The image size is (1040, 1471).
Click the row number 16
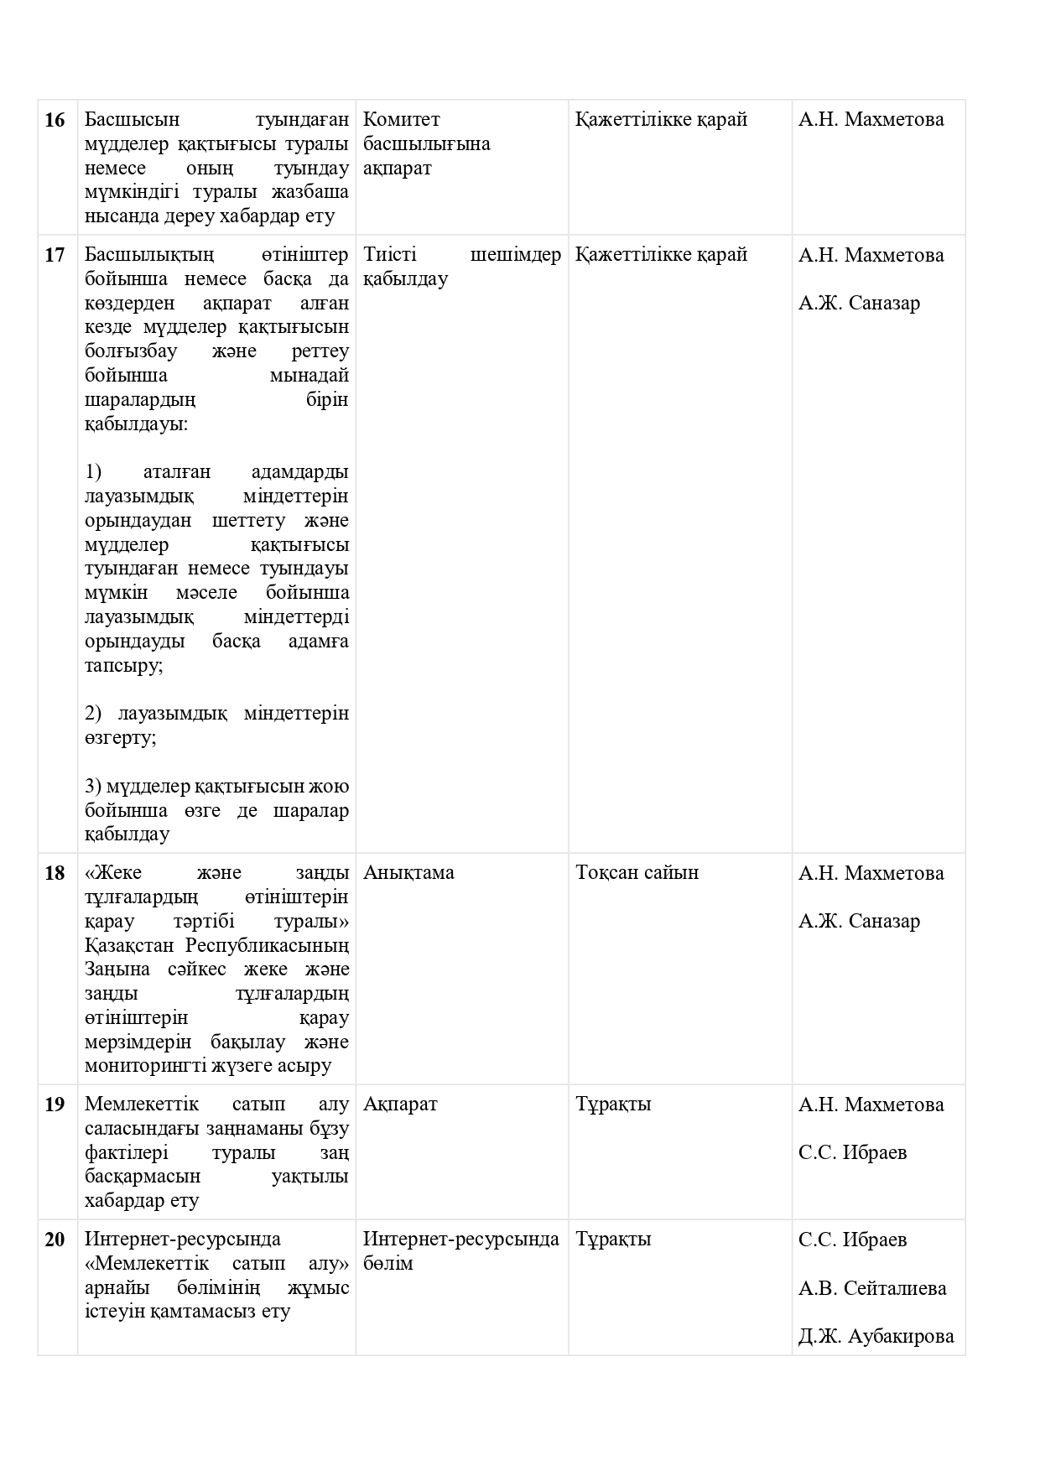pos(55,120)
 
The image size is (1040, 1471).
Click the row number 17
pos(55,255)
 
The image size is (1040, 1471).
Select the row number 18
pos(55,873)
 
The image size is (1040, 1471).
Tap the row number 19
pos(55,1105)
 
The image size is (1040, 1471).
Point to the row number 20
pos(55,1240)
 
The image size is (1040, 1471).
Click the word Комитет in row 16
pos(402,120)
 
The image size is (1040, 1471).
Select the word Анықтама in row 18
pos(408,873)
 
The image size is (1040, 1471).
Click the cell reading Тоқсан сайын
pos(637,873)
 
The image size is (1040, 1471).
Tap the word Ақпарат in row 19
pos(400,1105)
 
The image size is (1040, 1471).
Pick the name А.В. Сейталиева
pos(872,1288)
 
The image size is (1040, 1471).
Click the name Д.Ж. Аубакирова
pos(876,1337)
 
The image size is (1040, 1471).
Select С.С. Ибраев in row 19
pos(852,1153)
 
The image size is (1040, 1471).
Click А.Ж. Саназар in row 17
pos(859,304)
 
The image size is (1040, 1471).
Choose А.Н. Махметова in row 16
pos(871,120)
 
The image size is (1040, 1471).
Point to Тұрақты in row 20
pos(613,1240)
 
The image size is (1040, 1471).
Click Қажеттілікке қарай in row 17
pos(661,255)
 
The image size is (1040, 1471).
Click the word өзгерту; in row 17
pos(120,739)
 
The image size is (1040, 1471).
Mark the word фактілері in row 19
pos(126,1153)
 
